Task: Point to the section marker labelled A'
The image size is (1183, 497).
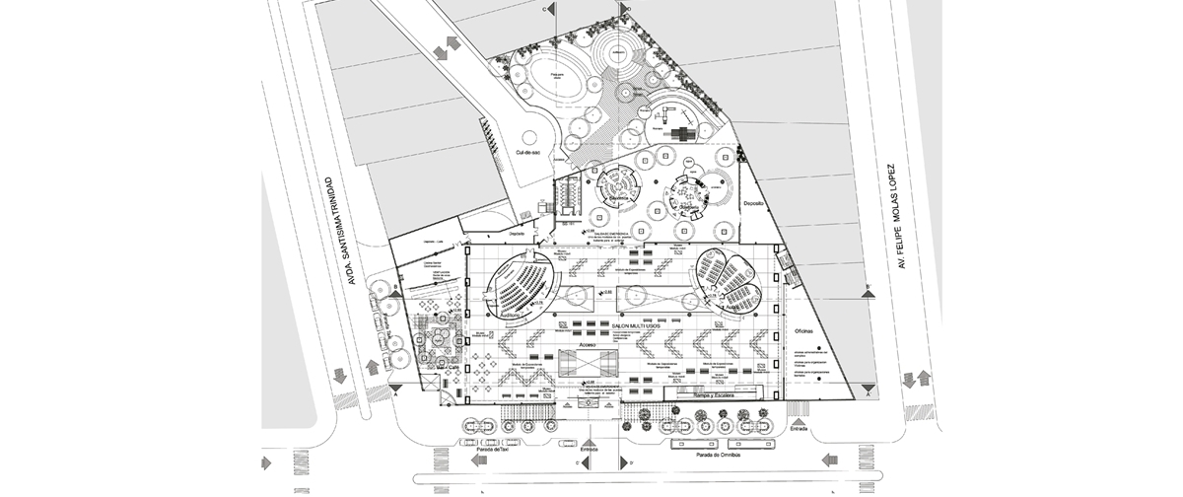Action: [868, 393]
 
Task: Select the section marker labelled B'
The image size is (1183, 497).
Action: [868, 286]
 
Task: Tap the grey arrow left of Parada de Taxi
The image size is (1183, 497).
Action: [483, 461]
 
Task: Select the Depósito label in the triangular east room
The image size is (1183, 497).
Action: [754, 203]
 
